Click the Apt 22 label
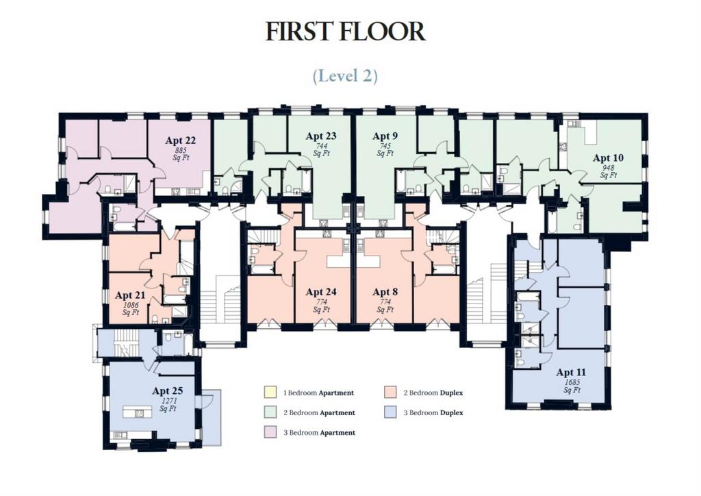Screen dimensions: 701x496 [x=180, y=140]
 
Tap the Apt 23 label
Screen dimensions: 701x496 [x=321, y=136]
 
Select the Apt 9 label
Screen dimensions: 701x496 [x=385, y=136]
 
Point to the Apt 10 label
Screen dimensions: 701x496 [x=608, y=158]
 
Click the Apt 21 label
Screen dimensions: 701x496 [x=130, y=296]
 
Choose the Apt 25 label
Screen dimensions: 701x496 [x=167, y=391]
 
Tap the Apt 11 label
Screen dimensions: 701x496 [x=571, y=372]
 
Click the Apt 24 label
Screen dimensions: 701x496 [x=321, y=292]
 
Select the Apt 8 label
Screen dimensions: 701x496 [x=385, y=292]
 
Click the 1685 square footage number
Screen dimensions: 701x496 [x=572, y=382]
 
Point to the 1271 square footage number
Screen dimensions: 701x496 [x=168, y=401]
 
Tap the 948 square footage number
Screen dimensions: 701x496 [x=609, y=168]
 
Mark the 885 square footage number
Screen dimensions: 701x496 [x=181, y=150]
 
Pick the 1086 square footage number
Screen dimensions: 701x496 [x=131, y=305]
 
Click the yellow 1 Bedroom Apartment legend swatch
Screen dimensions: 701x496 [x=270, y=393]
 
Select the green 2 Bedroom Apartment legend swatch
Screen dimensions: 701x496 [x=270, y=412]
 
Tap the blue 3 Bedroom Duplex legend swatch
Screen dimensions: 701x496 [x=390, y=412]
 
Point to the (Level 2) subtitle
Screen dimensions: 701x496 [x=345, y=75]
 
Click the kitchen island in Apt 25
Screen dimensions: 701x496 [x=138, y=412]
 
